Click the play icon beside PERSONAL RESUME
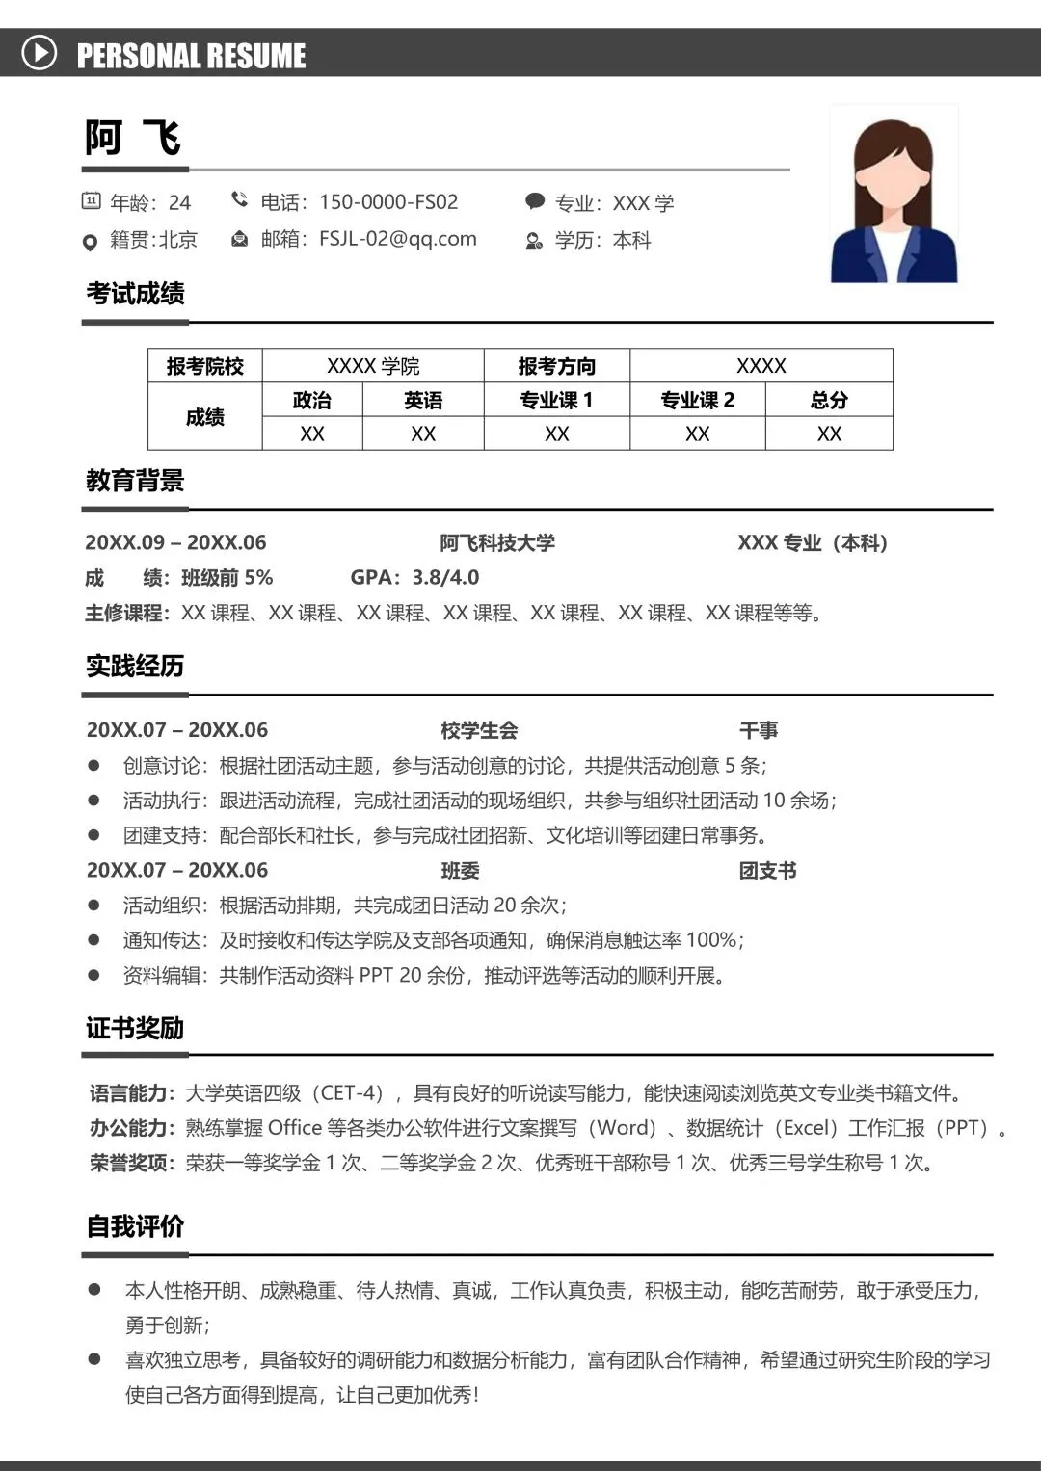[40, 52]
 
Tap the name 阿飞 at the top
[133, 138]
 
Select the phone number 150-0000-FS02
[388, 202]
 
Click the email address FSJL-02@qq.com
[398, 239]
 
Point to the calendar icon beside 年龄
[91, 201]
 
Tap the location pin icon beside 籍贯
[91, 242]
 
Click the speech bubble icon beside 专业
[535, 201]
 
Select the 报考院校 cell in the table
[205, 366]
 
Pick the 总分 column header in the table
[829, 400]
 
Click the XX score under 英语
[423, 433]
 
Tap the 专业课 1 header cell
[556, 400]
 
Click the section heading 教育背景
[135, 480]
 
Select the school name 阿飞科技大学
[497, 542]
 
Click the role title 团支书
[767, 871]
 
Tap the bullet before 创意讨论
[93, 765]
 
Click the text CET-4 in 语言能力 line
[352, 1092]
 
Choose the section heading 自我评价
[135, 1225]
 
